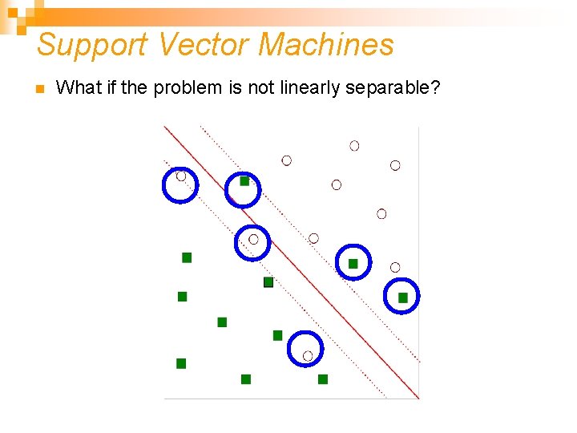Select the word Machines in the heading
tap(326, 45)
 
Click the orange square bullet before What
tap(38, 88)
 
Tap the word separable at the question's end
tap(393, 87)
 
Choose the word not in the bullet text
tap(261, 87)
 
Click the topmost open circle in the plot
tap(354, 146)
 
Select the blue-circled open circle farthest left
tap(181, 176)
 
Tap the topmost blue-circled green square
tap(244, 181)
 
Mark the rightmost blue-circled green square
tap(403, 297)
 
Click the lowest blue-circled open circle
tap(308, 355)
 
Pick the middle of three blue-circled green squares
tap(353, 264)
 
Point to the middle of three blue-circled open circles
tap(253, 239)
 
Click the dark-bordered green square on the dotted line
tap(268, 282)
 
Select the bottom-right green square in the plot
tap(323, 379)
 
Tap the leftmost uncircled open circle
tap(286, 160)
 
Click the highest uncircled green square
tap(187, 257)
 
